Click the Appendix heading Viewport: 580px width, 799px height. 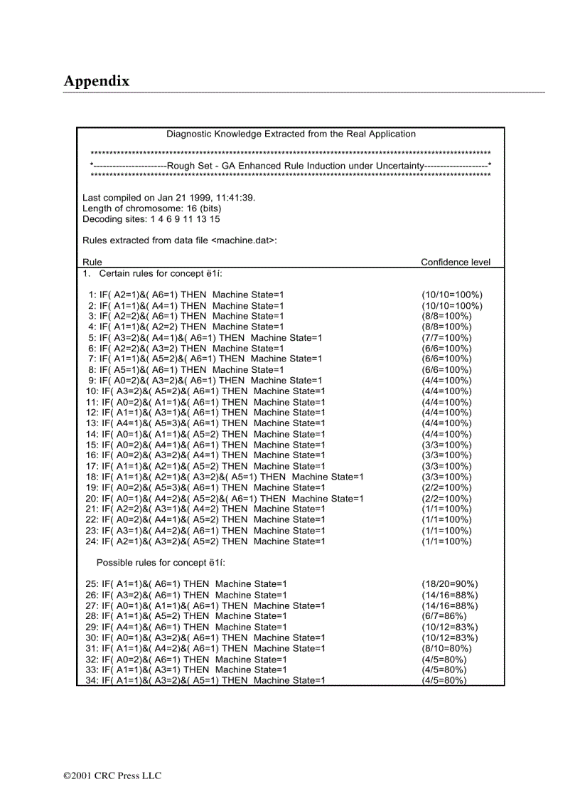tap(97, 81)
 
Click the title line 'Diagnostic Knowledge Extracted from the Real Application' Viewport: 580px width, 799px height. tap(291, 134)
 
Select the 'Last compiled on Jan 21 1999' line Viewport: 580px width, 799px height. tap(168, 198)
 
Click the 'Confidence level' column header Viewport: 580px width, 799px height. tap(456, 262)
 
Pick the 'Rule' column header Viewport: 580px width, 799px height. tap(92, 262)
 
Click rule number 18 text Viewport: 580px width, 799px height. tap(225, 477)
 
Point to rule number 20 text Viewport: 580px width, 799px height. tap(225, 498)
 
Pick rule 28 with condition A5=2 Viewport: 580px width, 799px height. tap(186, 616)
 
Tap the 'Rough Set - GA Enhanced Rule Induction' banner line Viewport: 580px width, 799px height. tap(291, 165)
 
